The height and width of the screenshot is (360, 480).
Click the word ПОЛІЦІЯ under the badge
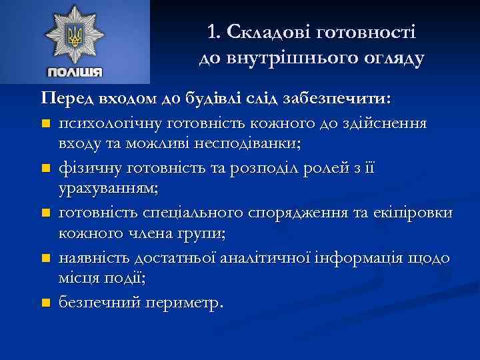point(75,71)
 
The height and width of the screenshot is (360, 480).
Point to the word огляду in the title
point(389,59)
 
